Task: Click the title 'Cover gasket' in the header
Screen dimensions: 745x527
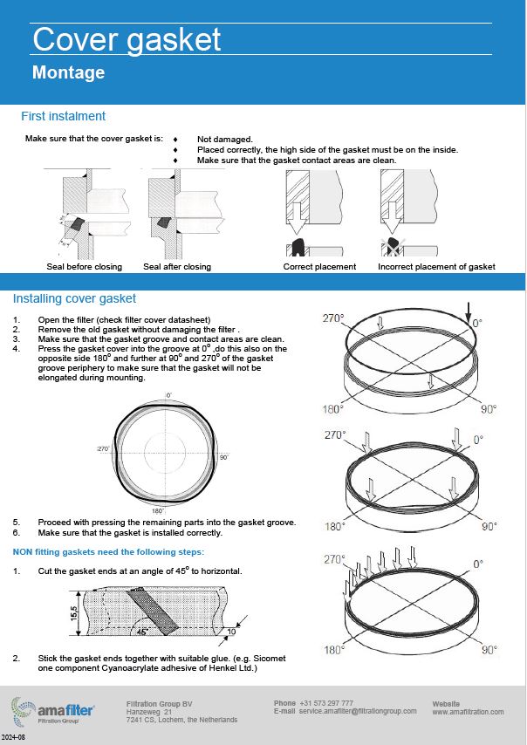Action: [127, 39]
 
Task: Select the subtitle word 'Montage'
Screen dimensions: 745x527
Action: [68, 72]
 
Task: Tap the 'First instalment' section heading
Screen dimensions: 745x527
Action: [63, 116]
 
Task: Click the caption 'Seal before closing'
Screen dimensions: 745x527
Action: [84, 266]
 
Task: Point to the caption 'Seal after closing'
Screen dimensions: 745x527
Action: [176, 266]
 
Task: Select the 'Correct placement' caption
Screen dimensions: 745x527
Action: [319, 266]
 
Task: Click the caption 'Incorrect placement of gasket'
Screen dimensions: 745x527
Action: [436, 266]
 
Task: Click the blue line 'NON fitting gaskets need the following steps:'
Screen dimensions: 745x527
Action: [108, 551]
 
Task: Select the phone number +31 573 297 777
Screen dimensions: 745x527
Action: [325, 703]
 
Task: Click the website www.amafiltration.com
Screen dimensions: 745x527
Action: [468, 712]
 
